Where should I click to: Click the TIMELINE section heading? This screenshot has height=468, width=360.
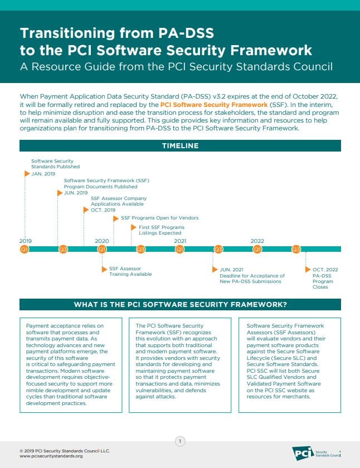point(180,145)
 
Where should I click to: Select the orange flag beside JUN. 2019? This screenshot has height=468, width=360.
point(60,193)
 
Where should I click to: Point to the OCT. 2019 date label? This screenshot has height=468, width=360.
point(103,210)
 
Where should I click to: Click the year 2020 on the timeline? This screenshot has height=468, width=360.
point(101,241)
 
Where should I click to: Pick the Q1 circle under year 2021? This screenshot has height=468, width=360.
point(180,249)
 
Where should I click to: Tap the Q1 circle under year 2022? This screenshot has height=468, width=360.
point(257,249)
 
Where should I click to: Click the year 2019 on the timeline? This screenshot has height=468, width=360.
point(25,241)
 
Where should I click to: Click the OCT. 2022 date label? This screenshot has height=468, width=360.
point(325,270)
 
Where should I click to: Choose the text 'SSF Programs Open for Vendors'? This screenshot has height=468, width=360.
point(159,218)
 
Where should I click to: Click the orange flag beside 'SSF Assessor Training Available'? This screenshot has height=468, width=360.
point(104,269)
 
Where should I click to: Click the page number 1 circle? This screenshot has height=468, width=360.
point(180,441)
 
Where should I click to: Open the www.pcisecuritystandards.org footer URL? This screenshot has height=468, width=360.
point(51,456)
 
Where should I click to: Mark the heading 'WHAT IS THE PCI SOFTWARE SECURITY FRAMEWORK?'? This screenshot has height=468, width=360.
point(180,304)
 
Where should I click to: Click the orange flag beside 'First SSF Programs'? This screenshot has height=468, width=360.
point(133,227)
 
